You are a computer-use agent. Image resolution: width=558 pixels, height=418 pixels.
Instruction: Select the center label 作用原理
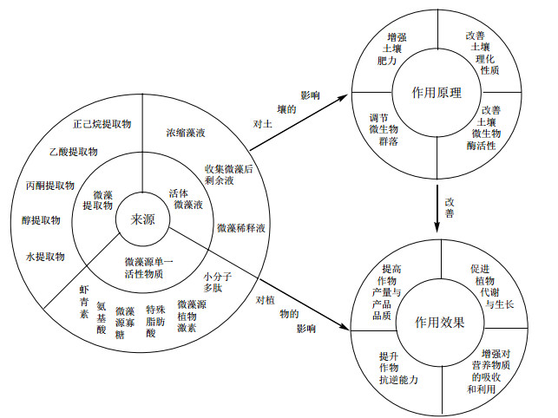(438, 92)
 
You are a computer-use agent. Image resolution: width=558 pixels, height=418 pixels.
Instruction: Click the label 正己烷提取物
(102, 124)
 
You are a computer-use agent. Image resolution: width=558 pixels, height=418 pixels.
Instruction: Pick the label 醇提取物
(42, 220)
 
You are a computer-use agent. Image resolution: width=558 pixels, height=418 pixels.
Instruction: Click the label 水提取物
(45, 257)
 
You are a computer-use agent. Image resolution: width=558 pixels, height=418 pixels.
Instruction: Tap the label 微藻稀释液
(240, 227)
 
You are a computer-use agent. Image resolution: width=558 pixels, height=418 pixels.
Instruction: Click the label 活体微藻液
(187, 199)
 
